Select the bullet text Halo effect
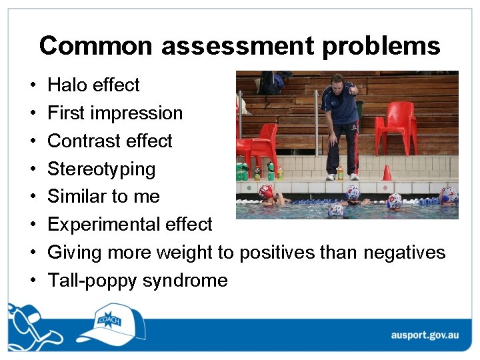[93, 85]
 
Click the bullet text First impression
[115, 113]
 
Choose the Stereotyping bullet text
[101, 169]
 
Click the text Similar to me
[103, 197]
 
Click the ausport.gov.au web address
[423, 335]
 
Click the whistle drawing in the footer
[23, 320]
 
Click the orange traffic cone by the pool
[387, 173]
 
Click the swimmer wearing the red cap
[267, 193]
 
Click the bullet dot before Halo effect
[32, 86]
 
